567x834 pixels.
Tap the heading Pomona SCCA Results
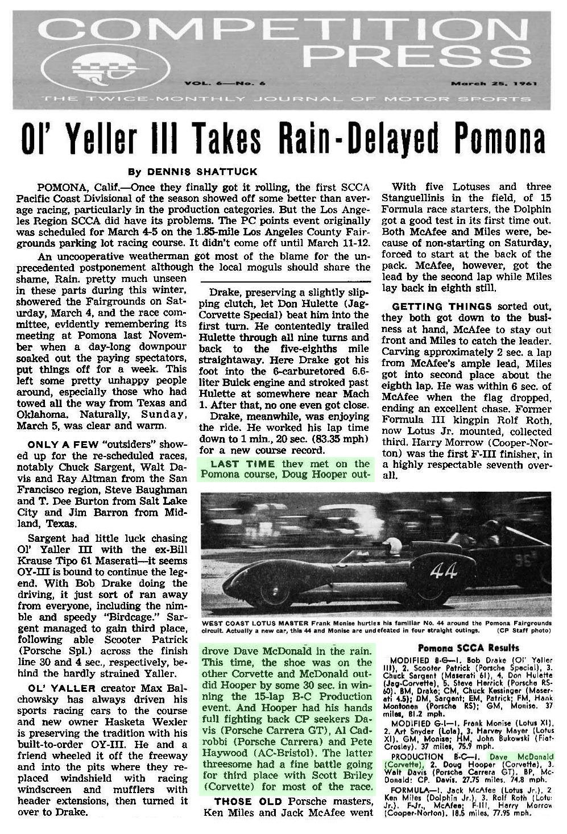(469, 648)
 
